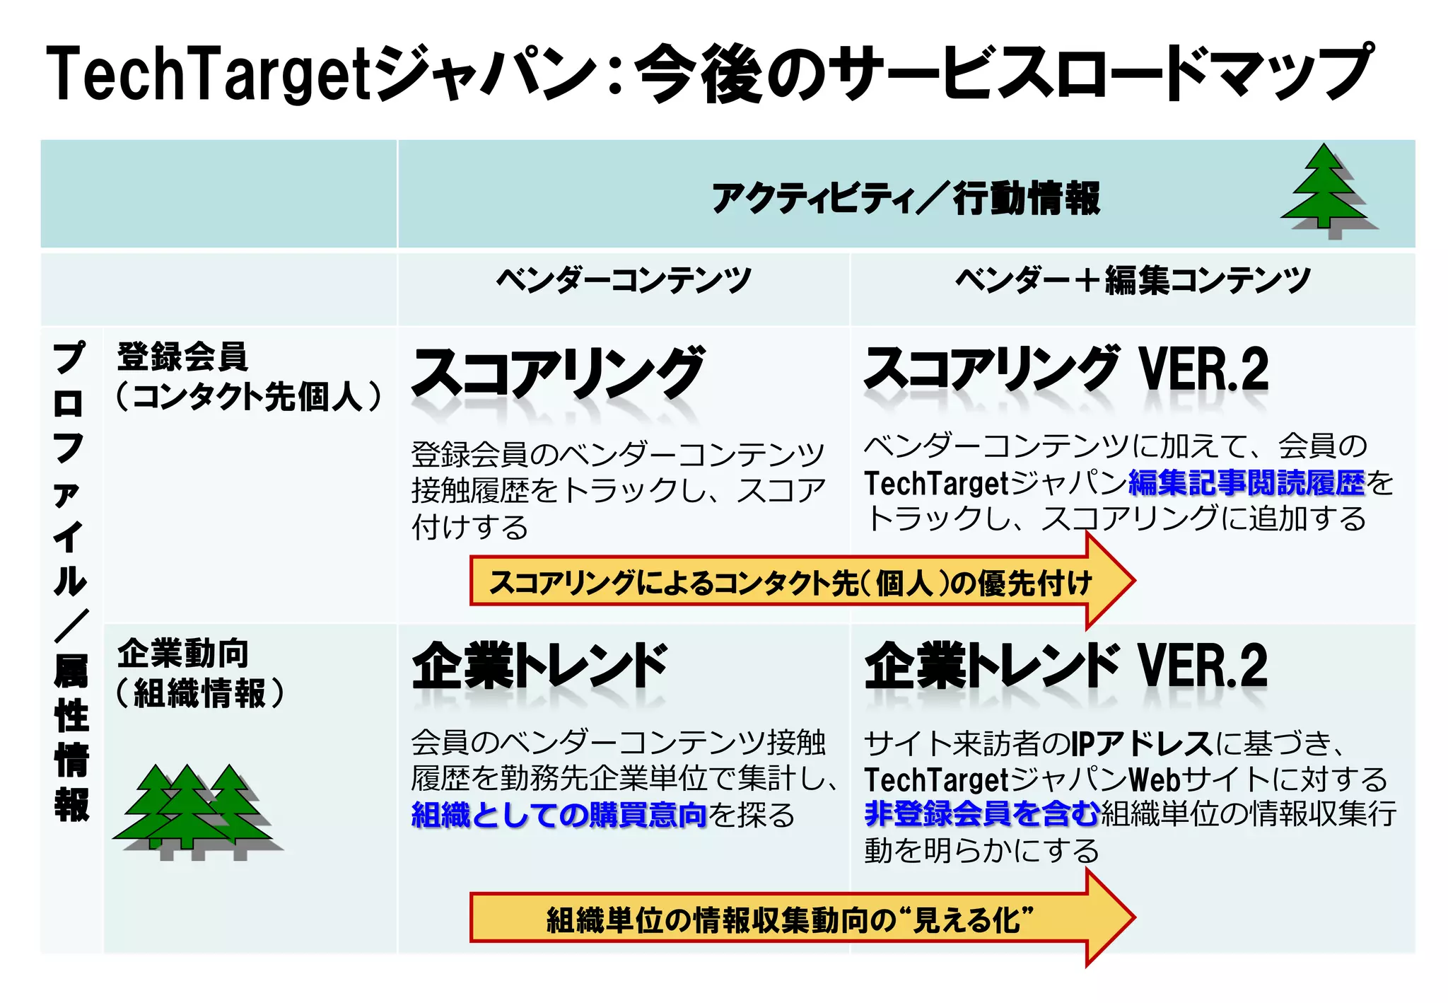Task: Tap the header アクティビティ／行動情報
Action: point(906,197)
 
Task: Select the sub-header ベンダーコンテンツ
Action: point(624,281)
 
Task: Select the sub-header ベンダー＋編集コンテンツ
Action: point(1133,281)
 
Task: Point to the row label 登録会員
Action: point(182,356)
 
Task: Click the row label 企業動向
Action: point(182,653)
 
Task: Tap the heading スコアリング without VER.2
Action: point(557,373)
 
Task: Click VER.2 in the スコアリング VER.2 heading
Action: point(1203,370)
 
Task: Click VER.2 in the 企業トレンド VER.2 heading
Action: point(1203,666)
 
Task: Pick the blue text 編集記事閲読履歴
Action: point(1246,483)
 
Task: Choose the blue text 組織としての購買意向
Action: point(559,815)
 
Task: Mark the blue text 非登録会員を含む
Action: point(981,813)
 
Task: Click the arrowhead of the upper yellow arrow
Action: point(1110,581)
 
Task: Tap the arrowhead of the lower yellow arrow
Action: point(1110,918)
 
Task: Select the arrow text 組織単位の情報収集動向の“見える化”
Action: point(790,920)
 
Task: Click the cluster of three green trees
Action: point(192,810)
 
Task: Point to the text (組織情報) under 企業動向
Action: point(199,693)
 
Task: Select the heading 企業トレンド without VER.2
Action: point(539,666)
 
